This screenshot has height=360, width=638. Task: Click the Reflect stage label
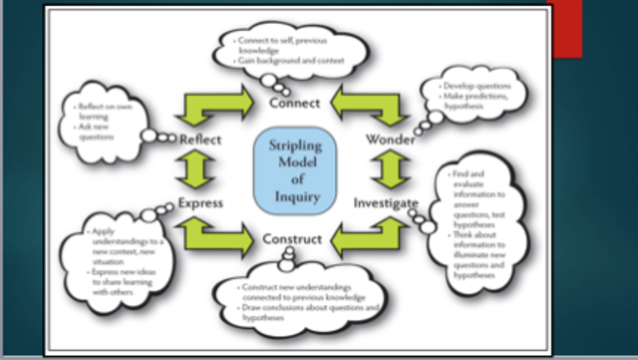tap(200, 140)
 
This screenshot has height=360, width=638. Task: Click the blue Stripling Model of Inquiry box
tap(298, 170)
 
